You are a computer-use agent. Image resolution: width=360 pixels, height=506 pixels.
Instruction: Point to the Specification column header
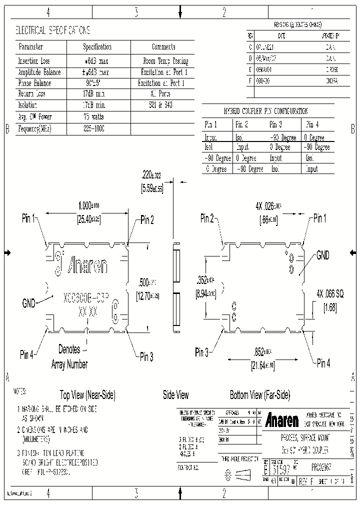click(x=97, y=47)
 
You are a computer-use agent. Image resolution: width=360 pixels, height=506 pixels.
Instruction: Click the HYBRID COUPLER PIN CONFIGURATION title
click(x=265, y=111)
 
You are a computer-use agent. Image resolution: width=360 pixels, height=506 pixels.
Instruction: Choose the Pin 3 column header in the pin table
click(x=276, y=124)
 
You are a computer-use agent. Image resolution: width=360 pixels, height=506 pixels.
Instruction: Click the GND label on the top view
click(x=28, y=302)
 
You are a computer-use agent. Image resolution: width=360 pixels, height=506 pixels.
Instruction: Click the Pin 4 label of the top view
click(x=27, y=355)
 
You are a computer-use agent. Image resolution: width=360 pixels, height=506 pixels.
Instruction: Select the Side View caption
click(x=176, y=395)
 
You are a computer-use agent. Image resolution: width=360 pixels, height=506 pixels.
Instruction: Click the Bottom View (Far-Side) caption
click(x=260, y=395)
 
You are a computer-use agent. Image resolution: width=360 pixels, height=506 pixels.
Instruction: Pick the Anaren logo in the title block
click(x=282, y=419)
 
